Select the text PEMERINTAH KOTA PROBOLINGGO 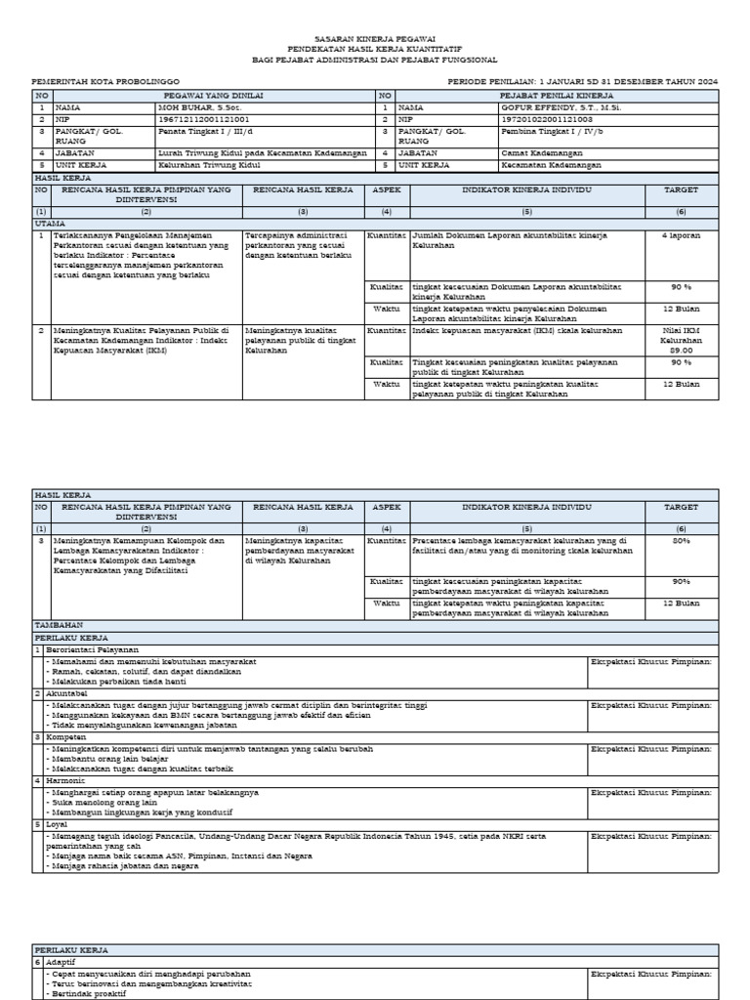click(106, 82)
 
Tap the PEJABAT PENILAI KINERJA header click(556, 95)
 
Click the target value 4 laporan click(681, 235)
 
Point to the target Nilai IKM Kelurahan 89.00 click(681, 340)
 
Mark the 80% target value click(681, 540)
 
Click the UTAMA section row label click(50, 224)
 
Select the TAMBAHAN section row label click(58, 624)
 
